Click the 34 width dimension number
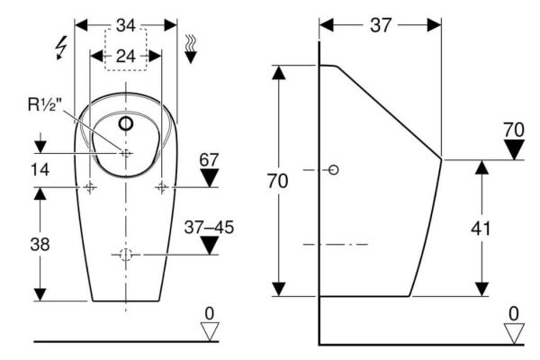tap(125, 25)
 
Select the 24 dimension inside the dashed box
tap(125, 56)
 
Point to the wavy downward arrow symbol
tap(191, 49)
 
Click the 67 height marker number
tap(210, 160)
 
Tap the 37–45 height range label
tap(209, 228)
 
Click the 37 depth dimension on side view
tap(382, 25)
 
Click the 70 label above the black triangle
tap(514, 130)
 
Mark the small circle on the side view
tap(334, 170)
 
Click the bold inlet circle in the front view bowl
tap(126, 121)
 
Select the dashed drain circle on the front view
tap(126, 256)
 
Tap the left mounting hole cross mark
tap(91, 187)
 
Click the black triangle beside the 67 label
tap(210, 177)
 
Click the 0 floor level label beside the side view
tap(514, 313)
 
